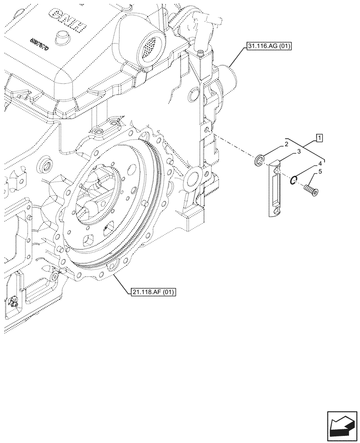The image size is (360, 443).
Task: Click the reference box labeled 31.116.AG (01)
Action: pyautogui.click(x=266, y=46)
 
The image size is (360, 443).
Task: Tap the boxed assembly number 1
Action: pyautogui.click(x=320, y=138)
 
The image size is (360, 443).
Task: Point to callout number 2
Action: pyautogui.click(x=287, y=144)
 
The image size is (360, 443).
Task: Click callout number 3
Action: pyautogui.click(x=299, y=152)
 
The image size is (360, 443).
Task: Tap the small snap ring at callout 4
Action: pyautogui.click(x=293, y=179)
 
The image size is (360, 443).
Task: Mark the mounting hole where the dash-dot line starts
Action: pyautogui.click(x=207, y=130)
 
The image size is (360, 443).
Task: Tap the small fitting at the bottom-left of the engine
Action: pyautogui.click(x=12, y=302)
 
